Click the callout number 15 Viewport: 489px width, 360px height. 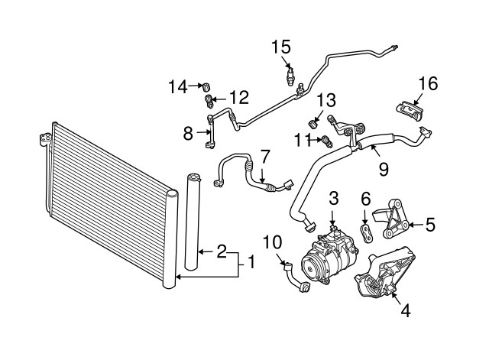pos(281,47)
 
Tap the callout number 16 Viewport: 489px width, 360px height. pos(428,83)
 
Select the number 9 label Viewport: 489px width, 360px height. pos(384,170)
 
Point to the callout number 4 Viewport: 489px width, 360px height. pos(406,310)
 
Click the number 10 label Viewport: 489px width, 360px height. pos(273,242)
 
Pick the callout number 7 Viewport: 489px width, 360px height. pos(264,157)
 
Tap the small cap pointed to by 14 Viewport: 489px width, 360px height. pos(206,86)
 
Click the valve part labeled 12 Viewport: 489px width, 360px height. pos(209,101)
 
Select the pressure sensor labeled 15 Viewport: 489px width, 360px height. pos(290,76)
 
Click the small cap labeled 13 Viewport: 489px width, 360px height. pos(313,124)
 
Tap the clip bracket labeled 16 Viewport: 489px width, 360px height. pos(410,110)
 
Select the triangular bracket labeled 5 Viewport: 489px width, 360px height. pos(393,219)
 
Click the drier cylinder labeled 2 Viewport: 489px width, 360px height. pos(193,222)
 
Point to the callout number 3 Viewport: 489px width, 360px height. pos(334,198)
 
